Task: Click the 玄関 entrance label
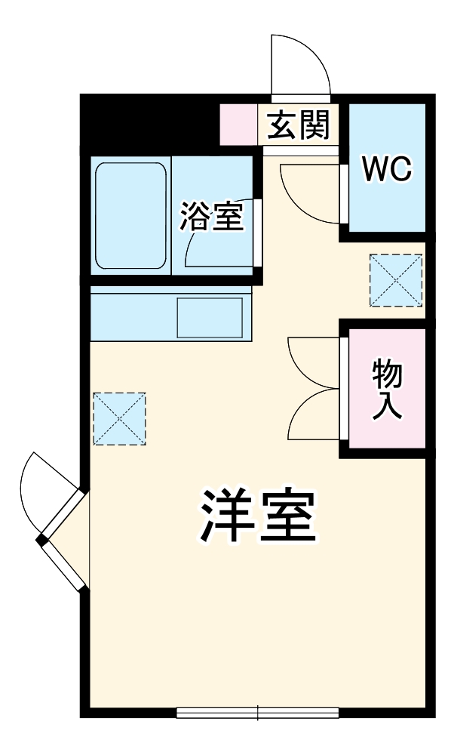coord(299,125)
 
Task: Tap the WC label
coord(387,169)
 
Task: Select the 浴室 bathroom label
coord(210,217)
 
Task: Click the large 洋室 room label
coord(256,517)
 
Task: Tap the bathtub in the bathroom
coord(130,216)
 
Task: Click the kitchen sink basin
coord(210,317)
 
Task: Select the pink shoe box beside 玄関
coord(239,125)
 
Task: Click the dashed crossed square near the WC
coord(396,280)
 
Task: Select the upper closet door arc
coord(311,362)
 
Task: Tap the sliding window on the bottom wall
coord(257,711)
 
